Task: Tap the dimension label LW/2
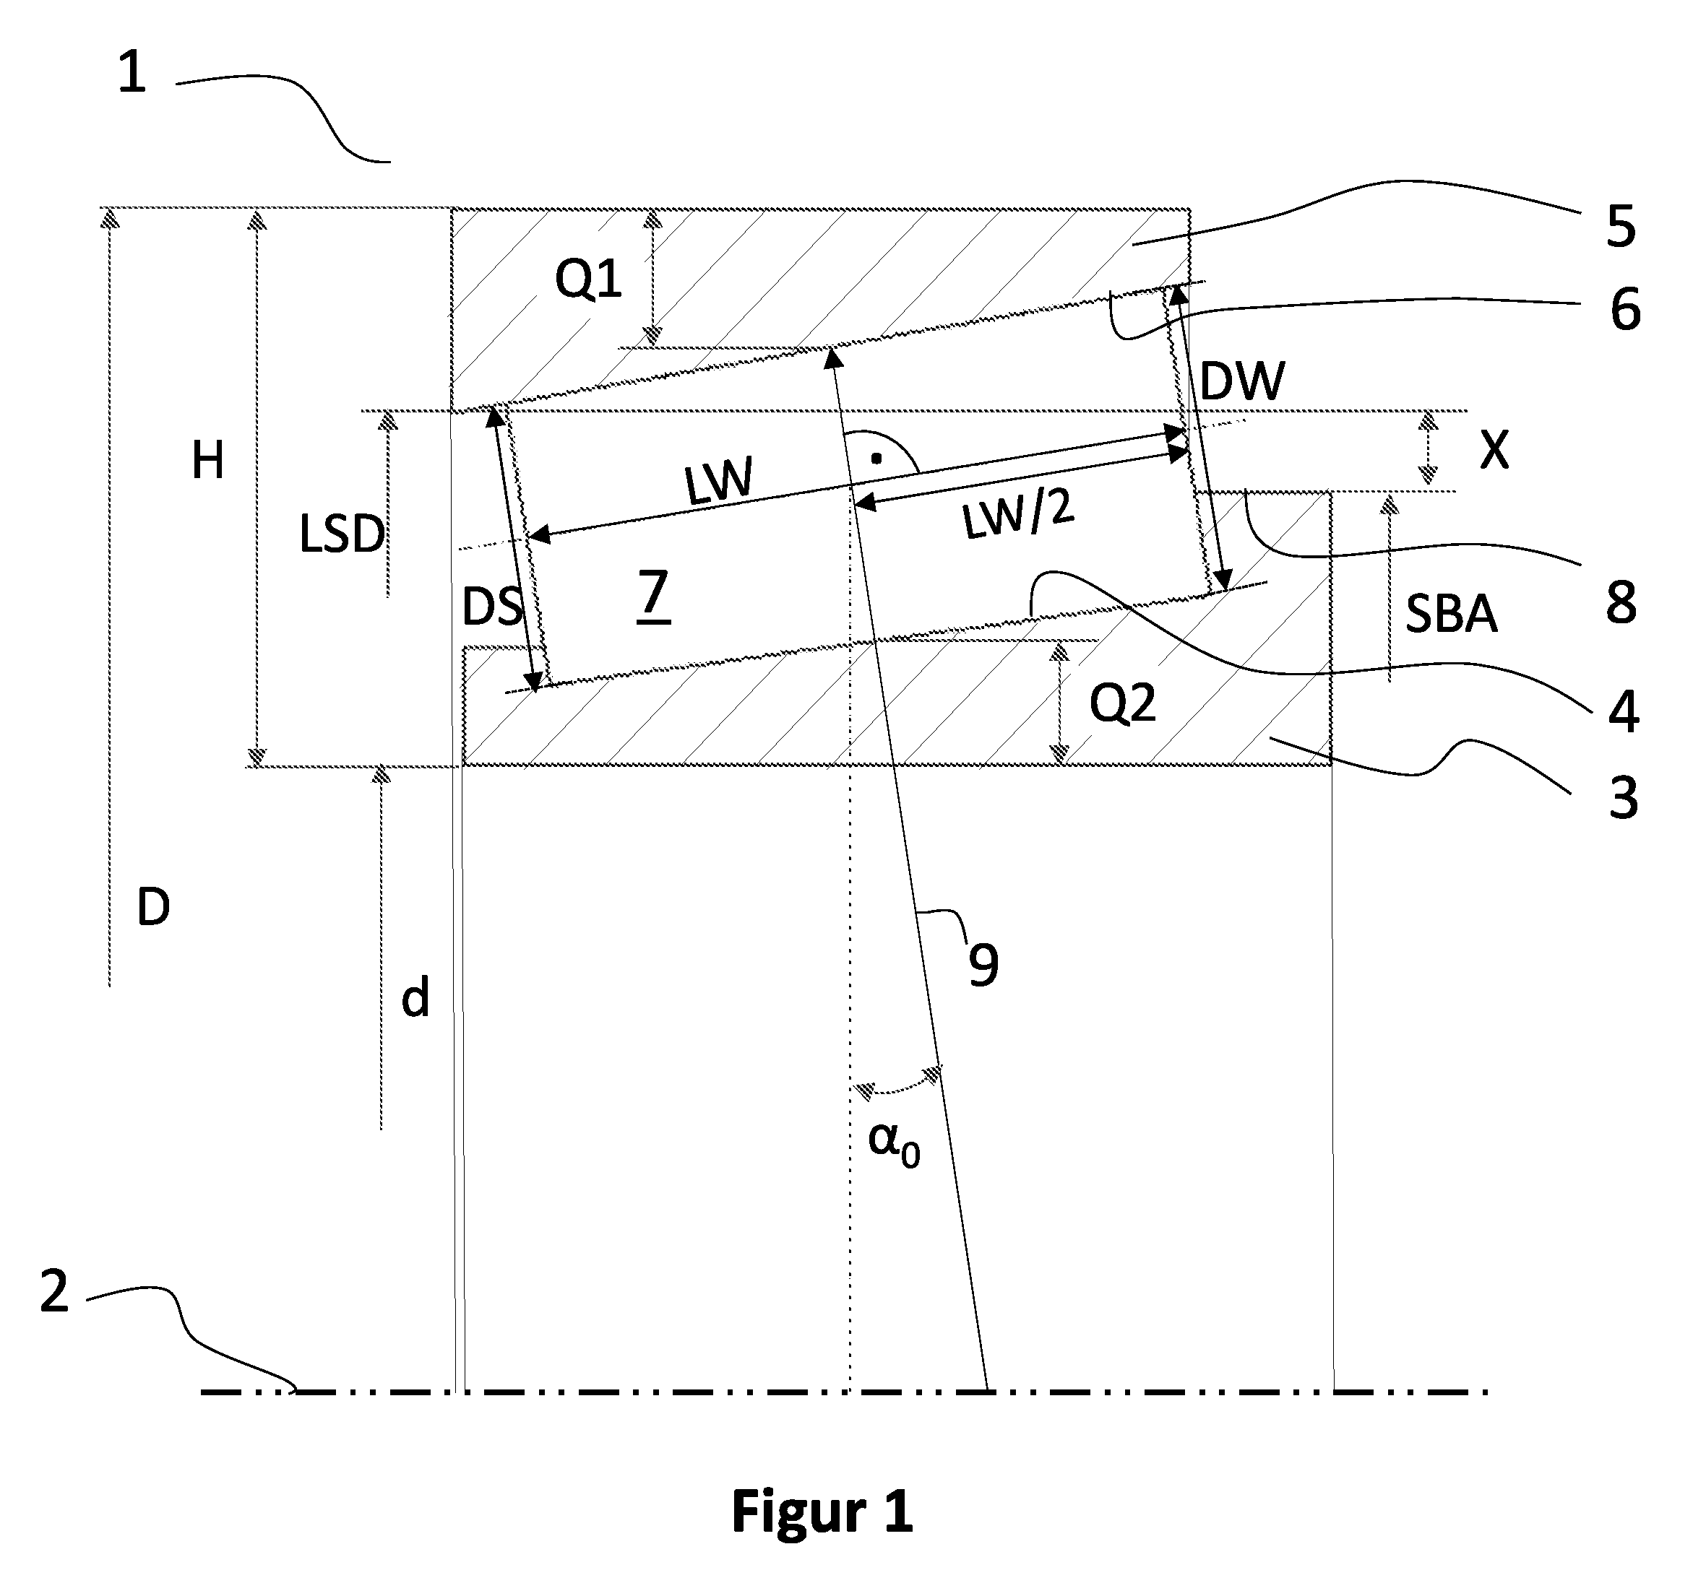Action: tap(1018, 515)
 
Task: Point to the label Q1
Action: tap(588, 279)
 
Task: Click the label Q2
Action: tap(1123, 704)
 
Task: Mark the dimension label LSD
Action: tap(342, 534)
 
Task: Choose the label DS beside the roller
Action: tap(491, 607)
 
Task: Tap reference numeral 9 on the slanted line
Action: tap(983, 964)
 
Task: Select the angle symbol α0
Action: tap(894, 1142)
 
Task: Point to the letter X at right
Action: tap(1495, 450)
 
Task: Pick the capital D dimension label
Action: tap(153, 907)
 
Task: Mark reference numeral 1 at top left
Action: tap(132, 72)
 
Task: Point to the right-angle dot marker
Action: tap(875, 459)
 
